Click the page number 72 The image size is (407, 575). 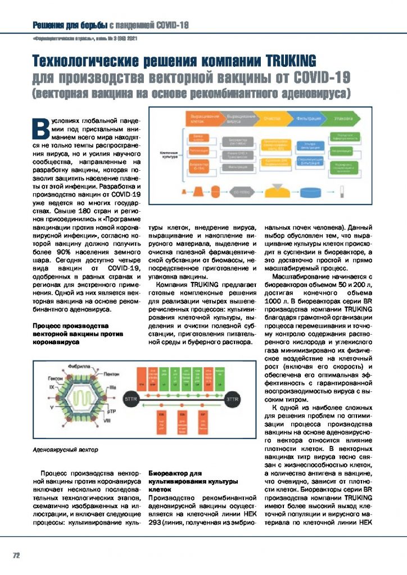coord(16,555)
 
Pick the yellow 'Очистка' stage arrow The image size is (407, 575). coord(274,119)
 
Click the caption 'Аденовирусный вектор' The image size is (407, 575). coord(65,450)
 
